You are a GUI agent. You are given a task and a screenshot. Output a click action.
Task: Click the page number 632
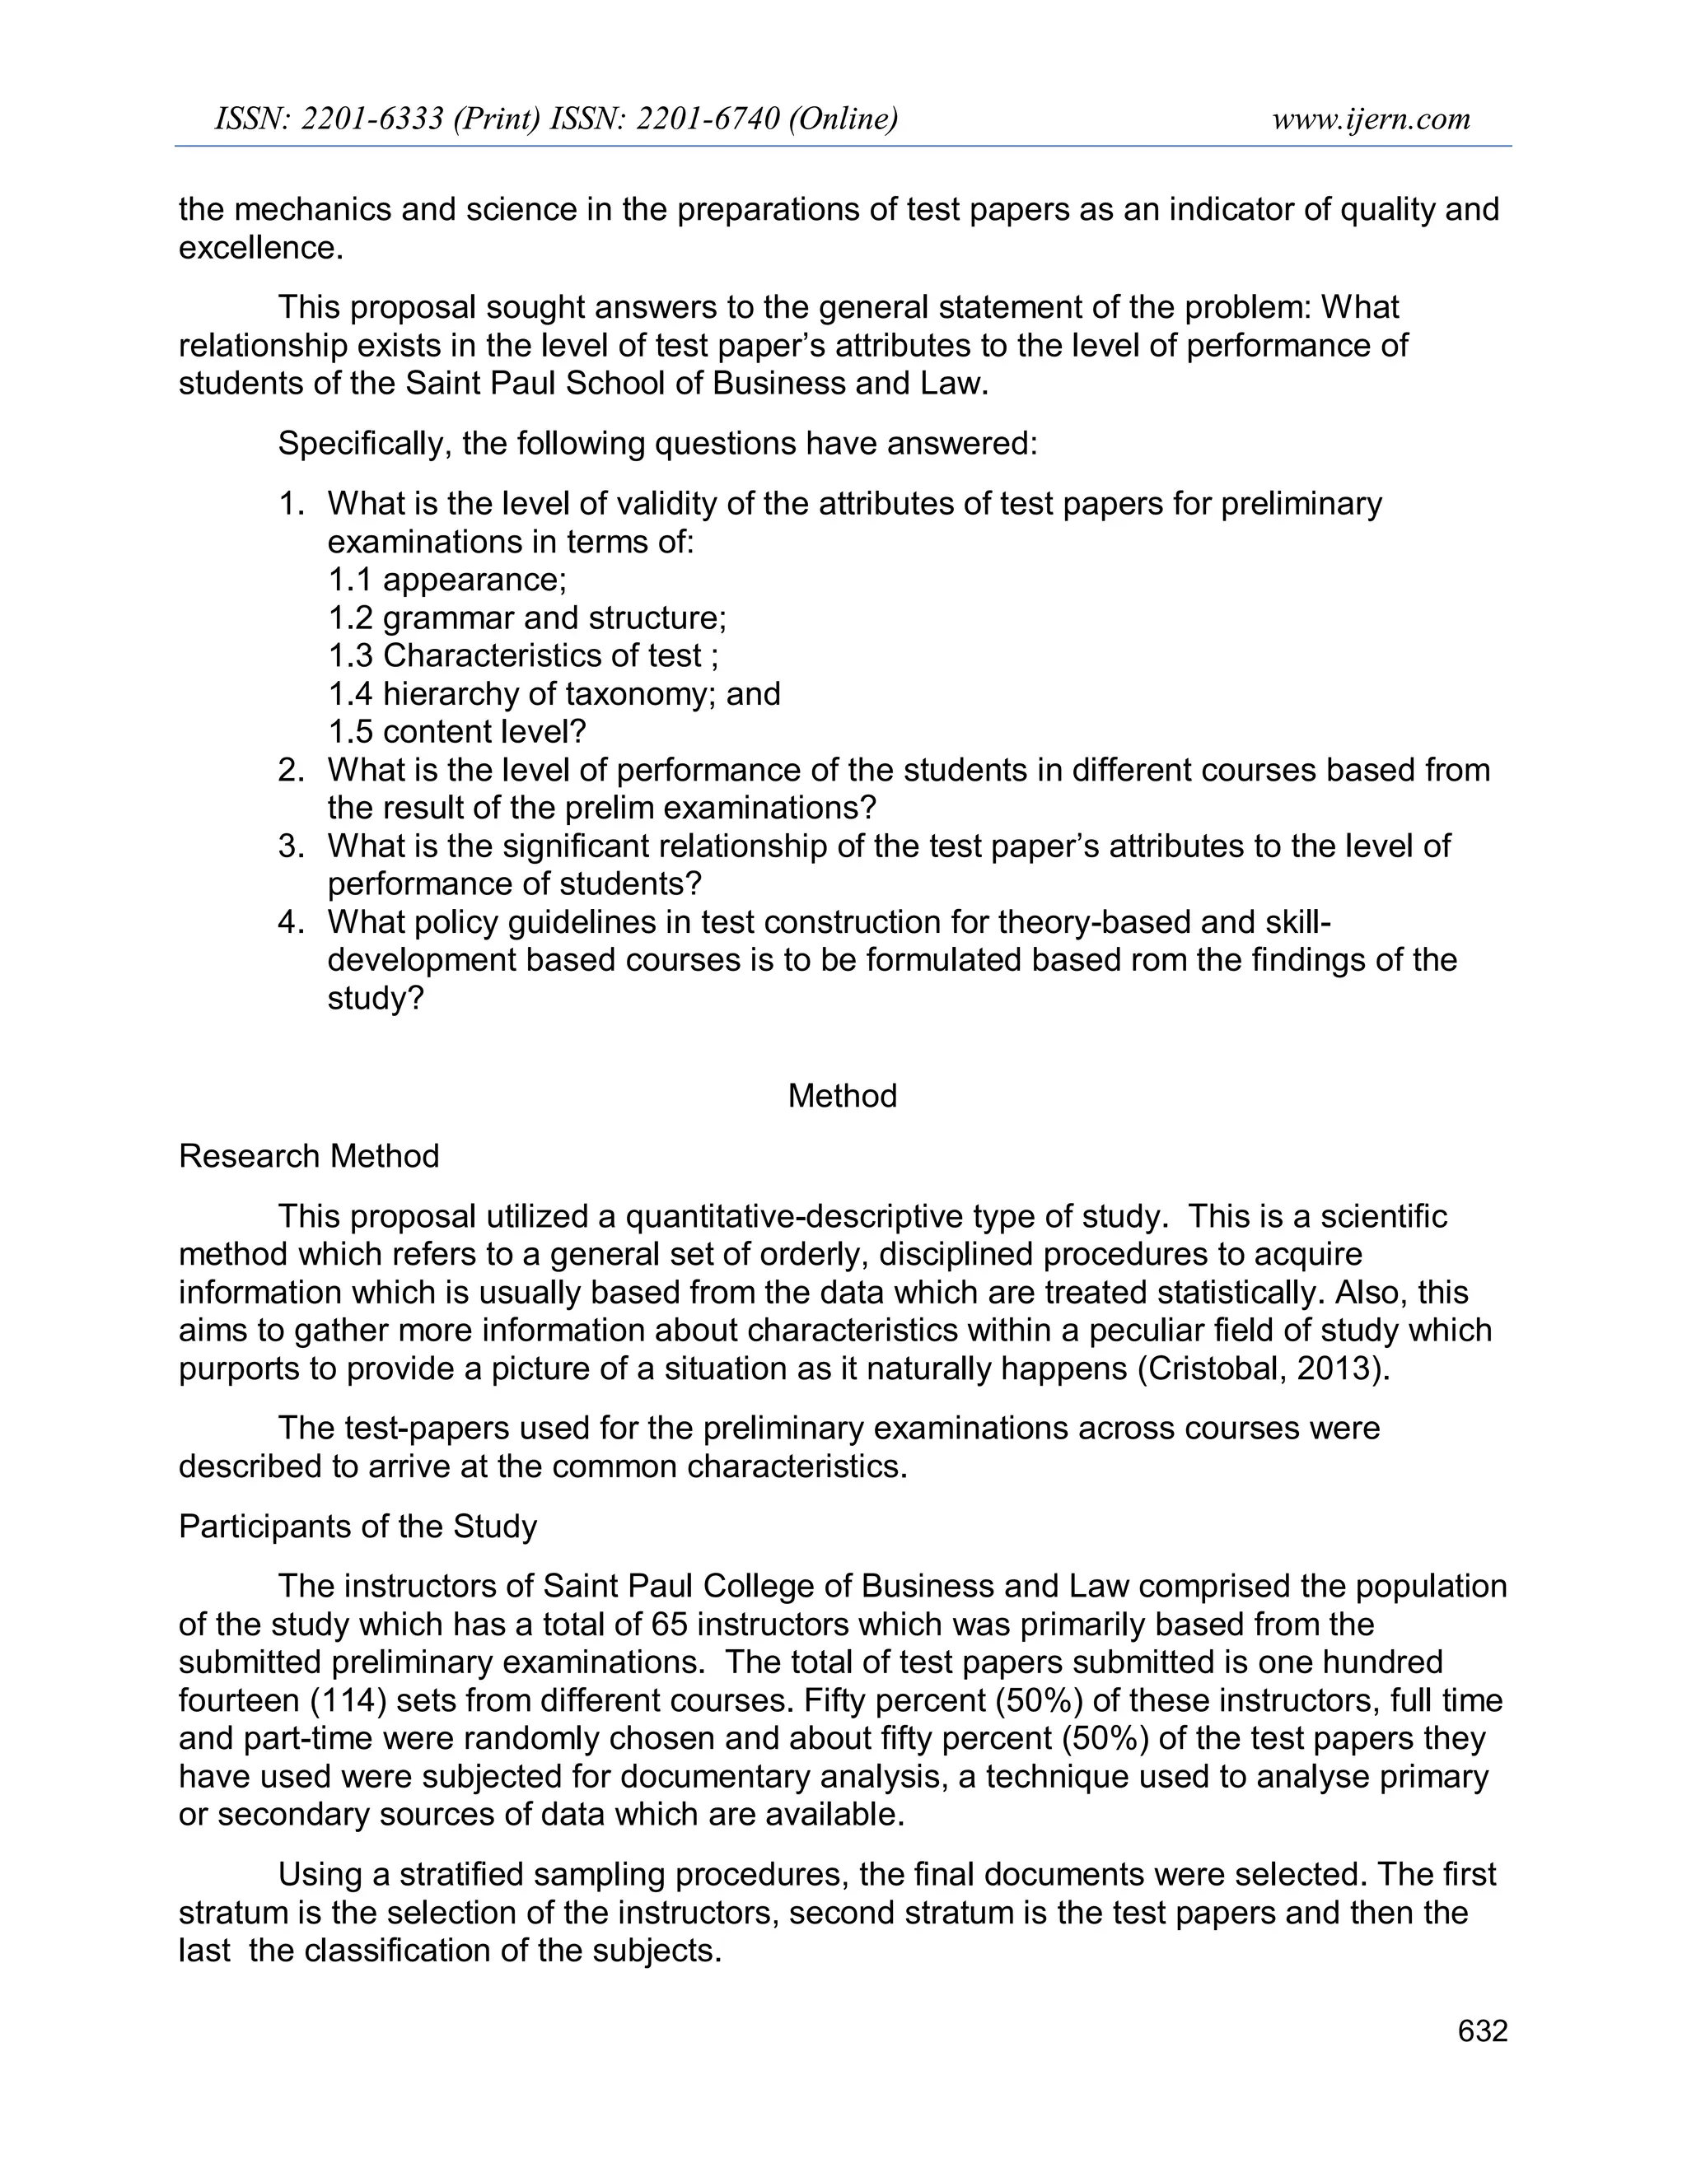[1482, 2031]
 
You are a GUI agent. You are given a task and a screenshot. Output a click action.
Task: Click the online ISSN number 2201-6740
[708, 119]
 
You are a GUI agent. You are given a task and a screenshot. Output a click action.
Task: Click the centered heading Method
[843, 1096]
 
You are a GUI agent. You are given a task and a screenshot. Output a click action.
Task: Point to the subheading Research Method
[309, 1156]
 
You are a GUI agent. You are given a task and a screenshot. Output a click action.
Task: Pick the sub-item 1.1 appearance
[446, 580]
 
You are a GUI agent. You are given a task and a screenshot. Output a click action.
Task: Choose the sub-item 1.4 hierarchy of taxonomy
[554, 693]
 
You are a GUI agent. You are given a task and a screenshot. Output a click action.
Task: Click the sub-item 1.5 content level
[456, 731]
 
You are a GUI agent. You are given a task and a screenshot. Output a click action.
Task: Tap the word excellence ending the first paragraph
[259, 248]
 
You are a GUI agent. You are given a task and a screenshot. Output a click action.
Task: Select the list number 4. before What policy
[291, 921]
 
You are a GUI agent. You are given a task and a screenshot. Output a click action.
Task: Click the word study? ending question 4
[376, 997]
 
